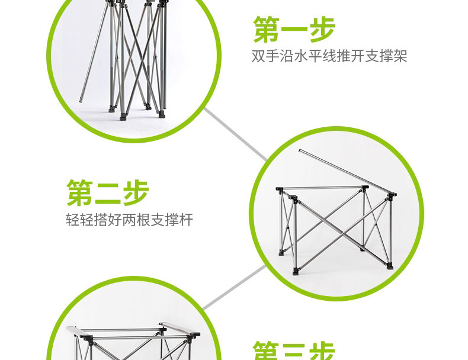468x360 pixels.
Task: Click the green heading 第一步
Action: [294, 29]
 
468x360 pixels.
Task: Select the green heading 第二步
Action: [107, 192]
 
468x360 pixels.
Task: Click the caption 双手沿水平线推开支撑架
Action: [330, 57]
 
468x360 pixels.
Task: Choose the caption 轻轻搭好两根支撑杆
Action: [129, 220]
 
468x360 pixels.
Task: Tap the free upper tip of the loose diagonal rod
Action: [300, 150]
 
